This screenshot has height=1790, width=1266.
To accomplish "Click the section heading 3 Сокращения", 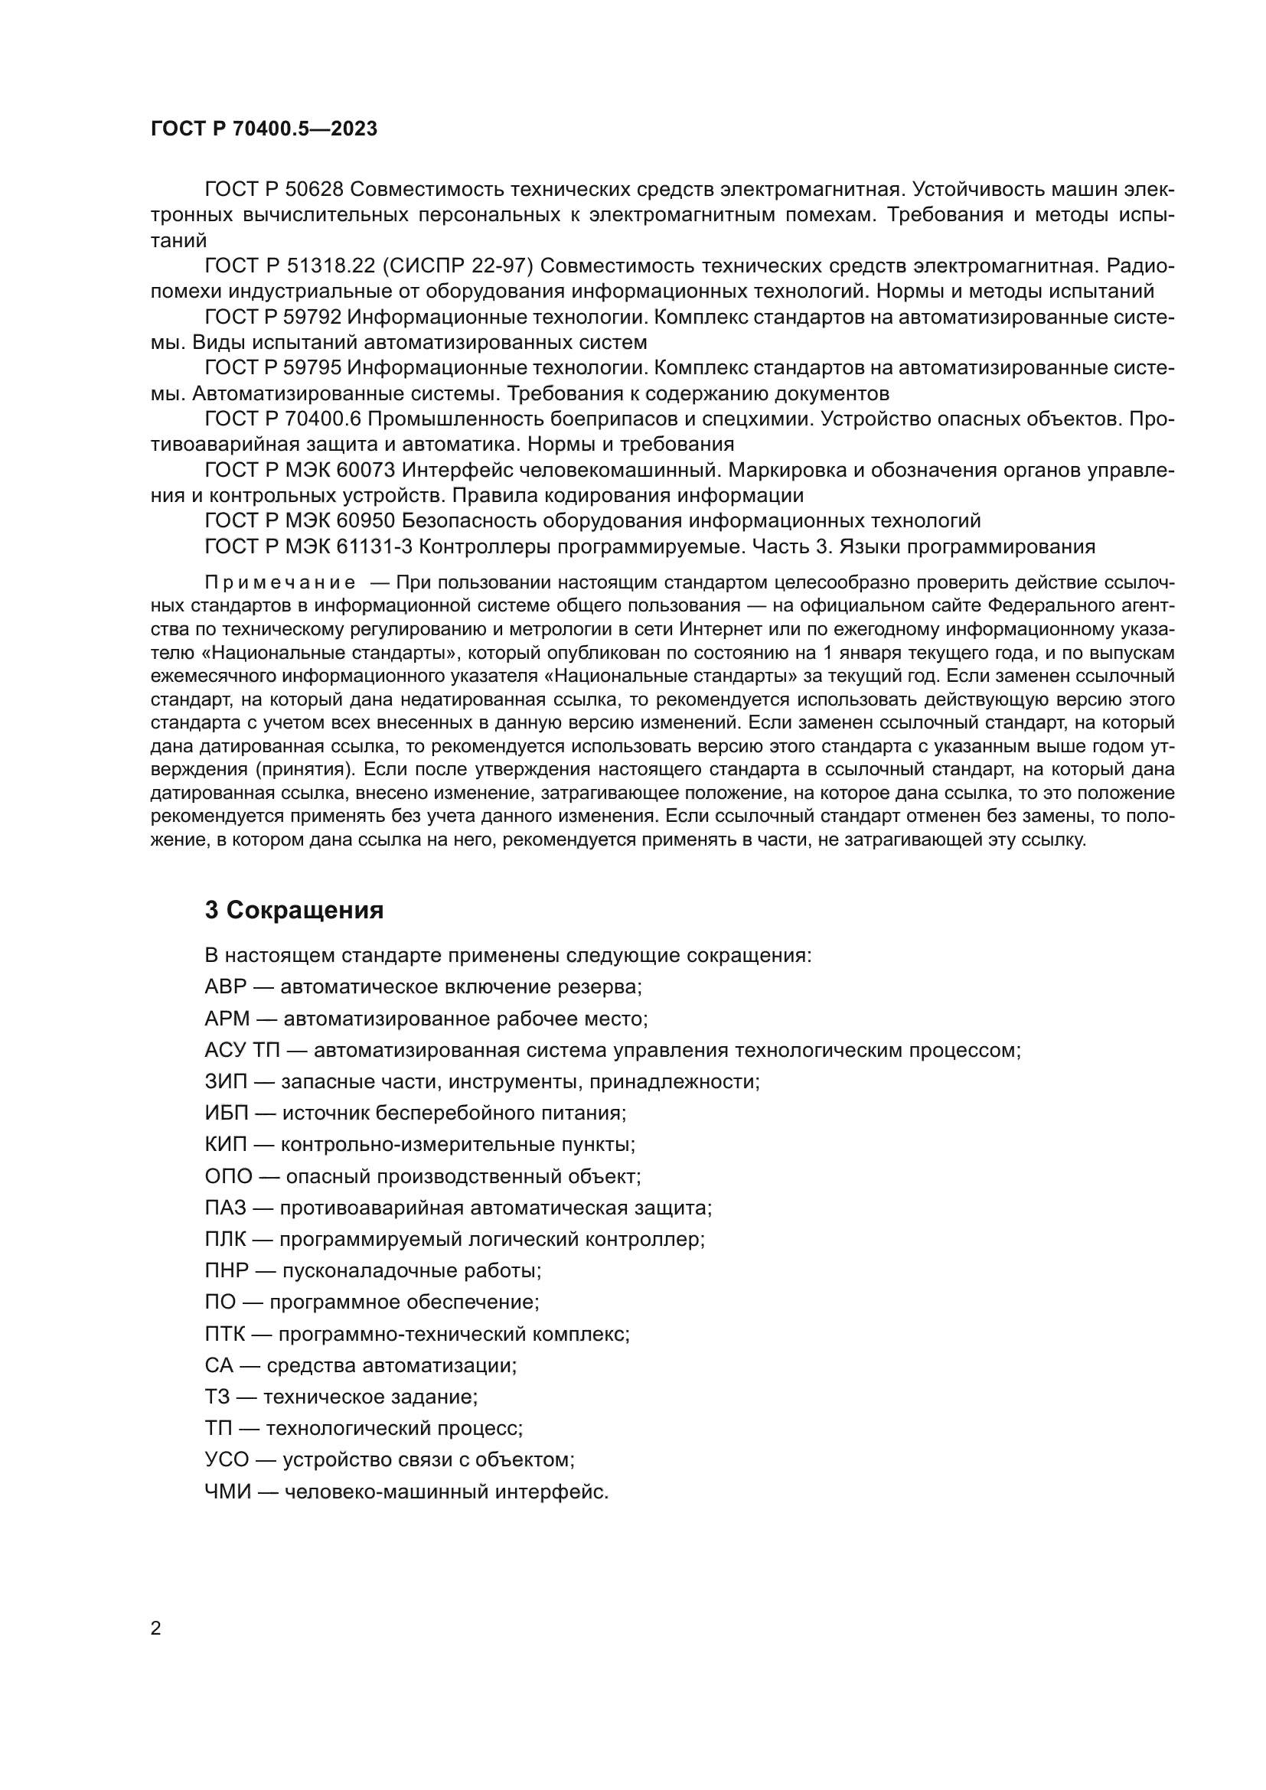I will tap(294, 911).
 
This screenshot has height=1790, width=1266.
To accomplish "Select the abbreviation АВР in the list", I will tap(225, 987).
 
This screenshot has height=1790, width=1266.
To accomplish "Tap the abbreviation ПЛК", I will tap(224, 1240).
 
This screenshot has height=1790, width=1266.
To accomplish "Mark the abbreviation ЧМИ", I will tap(227, 1492).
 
